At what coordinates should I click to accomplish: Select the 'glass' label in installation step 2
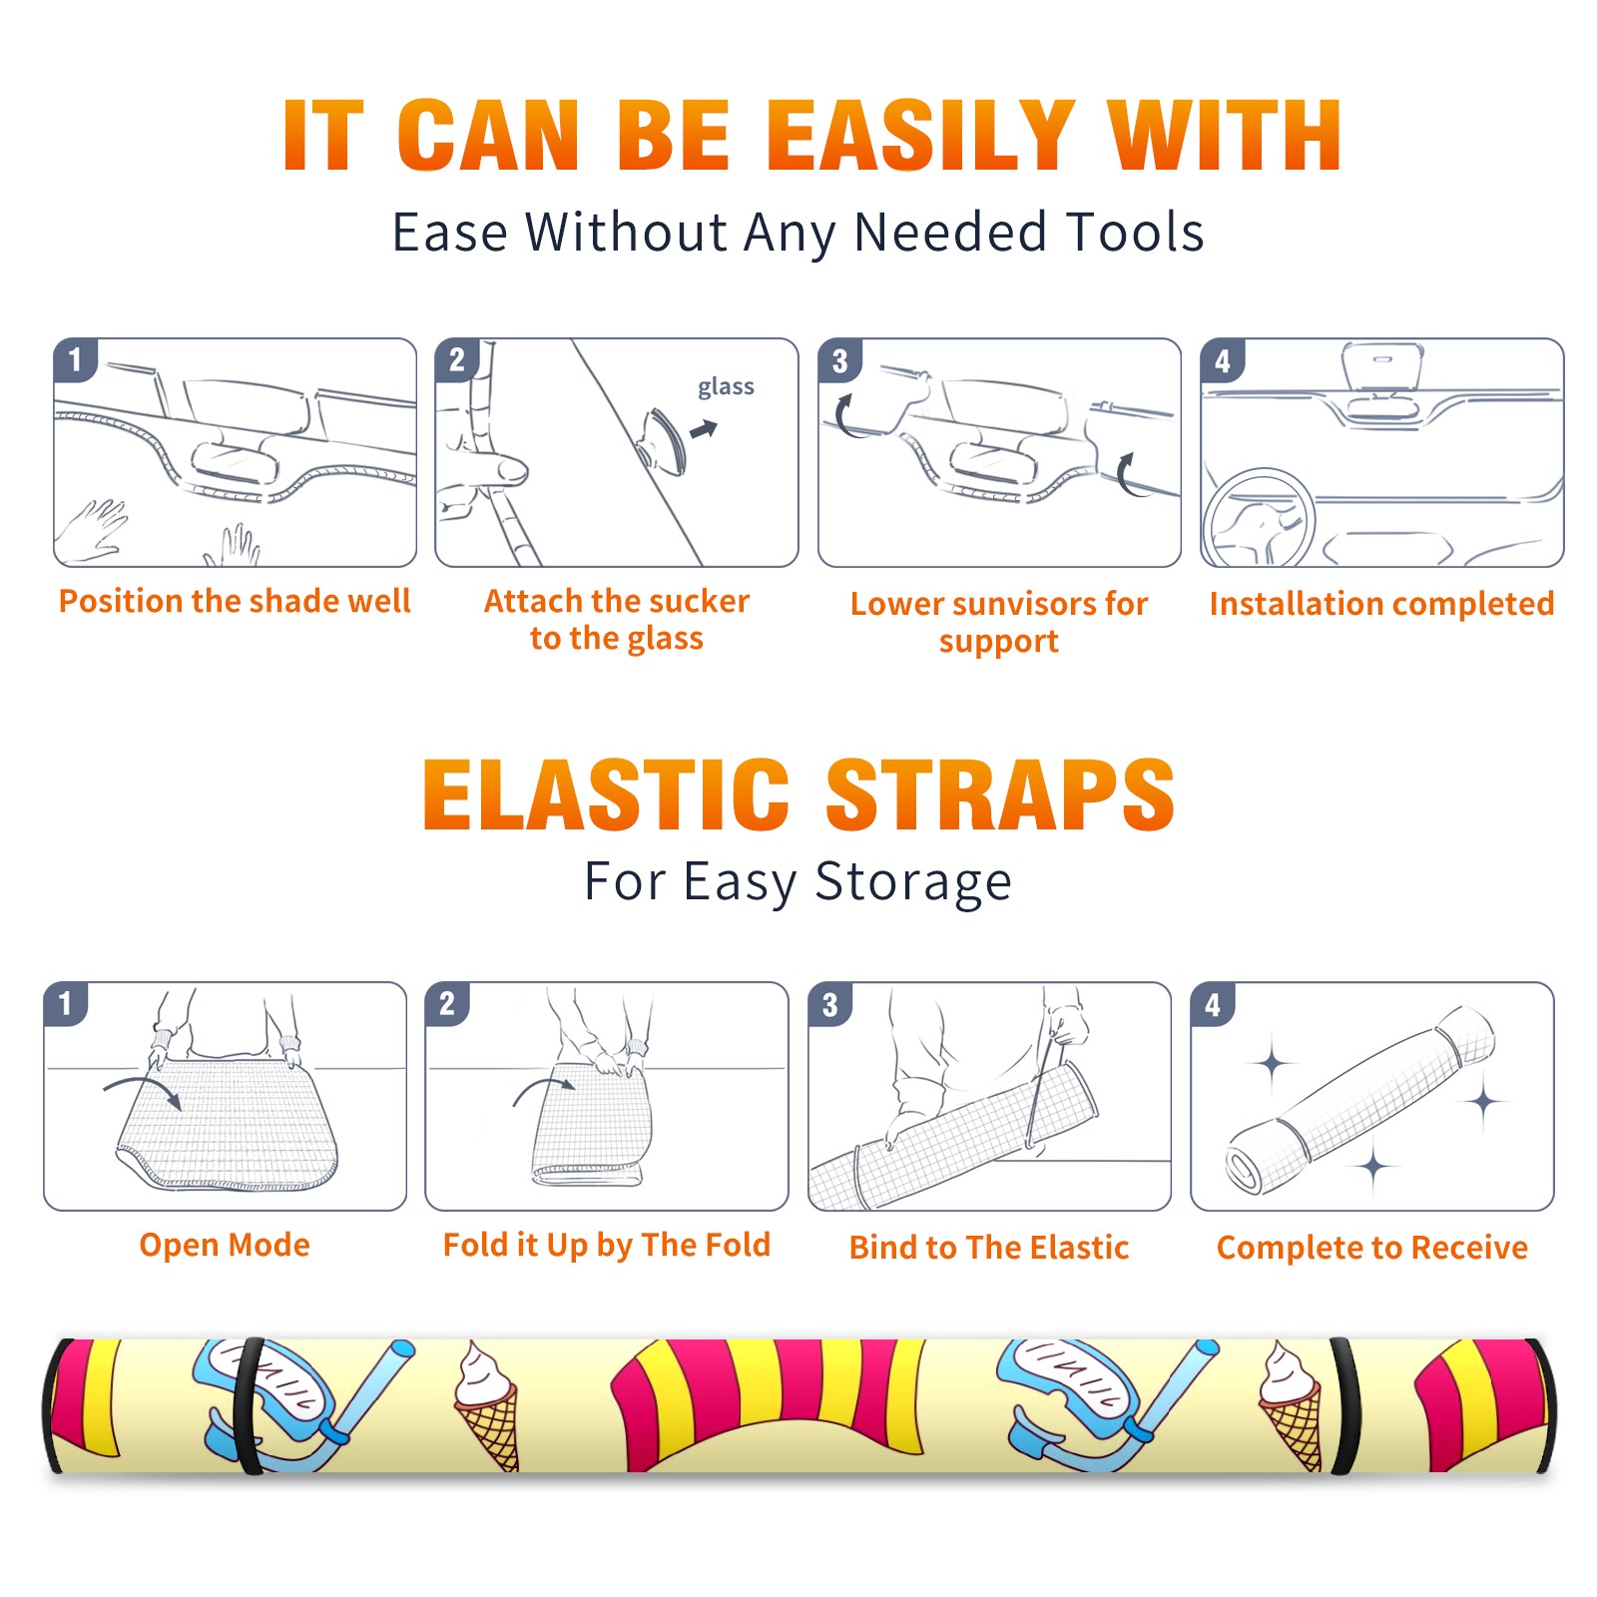pyautogui.click(x=726, y=387)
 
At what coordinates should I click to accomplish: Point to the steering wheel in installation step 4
pyautogui.click(x=1259, y=519)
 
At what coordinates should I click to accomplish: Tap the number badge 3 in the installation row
pyautogui.click(x=838, y=360)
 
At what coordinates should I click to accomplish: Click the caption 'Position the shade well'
pyautogui.click(x=235, y=601)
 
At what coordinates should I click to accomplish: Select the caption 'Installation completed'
pyautogui.click(x=1381, y=604)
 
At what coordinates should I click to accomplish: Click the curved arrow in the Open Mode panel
pyautogui.click(x=144, y=1089)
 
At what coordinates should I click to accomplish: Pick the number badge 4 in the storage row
pyautogui.click(x=1212, y=1004)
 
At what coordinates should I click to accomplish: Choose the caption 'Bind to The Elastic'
pyautogui.click(x=989, y=1248)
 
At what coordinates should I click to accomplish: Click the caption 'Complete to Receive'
pyautogui.click(x=1372, y=1248)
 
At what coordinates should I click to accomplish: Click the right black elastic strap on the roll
pyautogui.click(x=1344, y=1406)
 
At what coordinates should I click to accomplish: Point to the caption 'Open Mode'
pyautogui.click(x=225, y=1246)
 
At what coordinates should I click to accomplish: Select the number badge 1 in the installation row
pyautogui.click(x=75, y=360)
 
